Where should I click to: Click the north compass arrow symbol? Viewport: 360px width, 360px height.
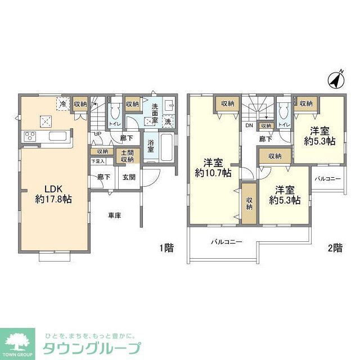[x=336, y=81]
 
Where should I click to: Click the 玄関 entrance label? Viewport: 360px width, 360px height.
[x=128, y=177]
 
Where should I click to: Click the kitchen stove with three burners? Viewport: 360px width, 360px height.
[x=29, y=137]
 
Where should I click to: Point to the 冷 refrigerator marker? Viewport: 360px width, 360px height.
[x=63, y=104]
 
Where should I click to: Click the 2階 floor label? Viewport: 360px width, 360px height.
[x=335, y=247]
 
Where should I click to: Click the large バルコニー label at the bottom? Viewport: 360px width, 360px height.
[x=226, y=242]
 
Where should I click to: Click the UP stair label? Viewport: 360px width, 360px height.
[x=97, y=134]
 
